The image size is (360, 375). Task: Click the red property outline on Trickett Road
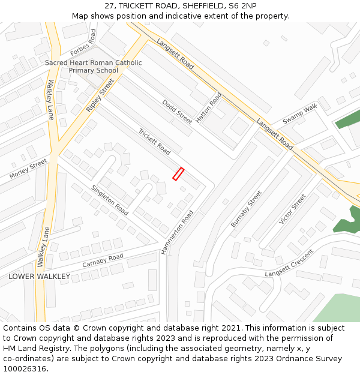point(178,173)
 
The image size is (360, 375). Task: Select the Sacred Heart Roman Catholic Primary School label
point(94,67)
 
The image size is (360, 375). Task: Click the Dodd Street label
point(177,112)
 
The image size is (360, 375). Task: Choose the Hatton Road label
point(209,108)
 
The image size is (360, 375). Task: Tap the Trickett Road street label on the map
point(154,141)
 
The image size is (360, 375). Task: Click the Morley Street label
point(28,169)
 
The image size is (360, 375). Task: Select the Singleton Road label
point(110,200)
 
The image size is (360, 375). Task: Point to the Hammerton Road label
point(178,232)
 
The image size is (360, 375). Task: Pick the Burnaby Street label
point(247,209)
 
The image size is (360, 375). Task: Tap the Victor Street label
point(293,209)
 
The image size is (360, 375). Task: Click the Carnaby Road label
point(103,260)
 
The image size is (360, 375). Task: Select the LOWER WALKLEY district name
point(39,277)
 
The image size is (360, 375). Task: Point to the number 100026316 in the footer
point(24,368)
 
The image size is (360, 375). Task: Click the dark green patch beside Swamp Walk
point(347,119)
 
